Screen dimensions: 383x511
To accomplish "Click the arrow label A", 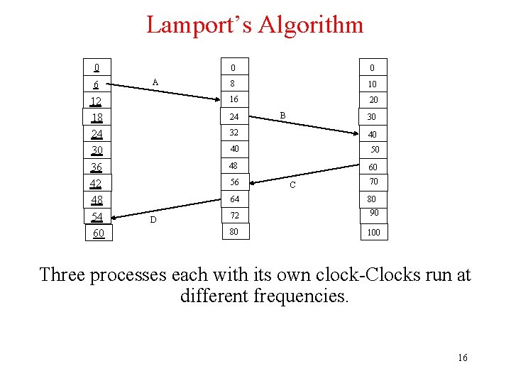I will click(155, 82).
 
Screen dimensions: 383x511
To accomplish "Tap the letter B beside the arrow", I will click(282, 114).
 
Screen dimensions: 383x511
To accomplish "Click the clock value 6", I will click(96, 84).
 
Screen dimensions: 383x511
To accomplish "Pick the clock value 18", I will click(97, 118).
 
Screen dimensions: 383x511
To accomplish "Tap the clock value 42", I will click(96, 184).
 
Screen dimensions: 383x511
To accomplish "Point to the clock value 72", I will click(234, 215).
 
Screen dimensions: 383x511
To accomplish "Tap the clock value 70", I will click(373, 182).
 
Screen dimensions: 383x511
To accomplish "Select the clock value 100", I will click(373, 232).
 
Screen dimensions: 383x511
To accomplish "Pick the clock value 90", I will click(373, 213).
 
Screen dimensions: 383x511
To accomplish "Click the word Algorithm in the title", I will click(310, 26).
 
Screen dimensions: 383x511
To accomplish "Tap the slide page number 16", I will click(463, 357).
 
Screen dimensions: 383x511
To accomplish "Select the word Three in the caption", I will click(64, 274).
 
